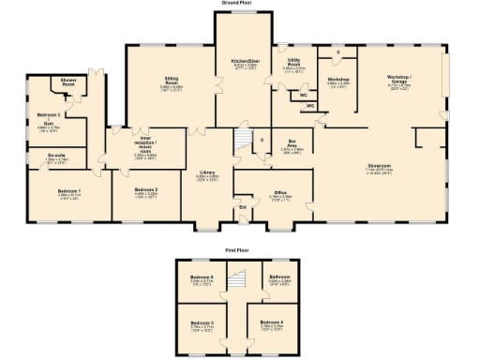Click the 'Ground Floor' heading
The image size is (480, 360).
pyautogui.click(x=240, y=4)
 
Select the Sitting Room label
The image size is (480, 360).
pyautogui.click(x=170, y=82)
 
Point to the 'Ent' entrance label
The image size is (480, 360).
pyautogui.click(x=243, y=206)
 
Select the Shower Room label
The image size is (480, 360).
pyautogui.click(x=69, y=82)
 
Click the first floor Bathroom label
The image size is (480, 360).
pyautogui.click(x=279, y=278)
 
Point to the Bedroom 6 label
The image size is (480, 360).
pyautogui.click(x=202, y=278)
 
